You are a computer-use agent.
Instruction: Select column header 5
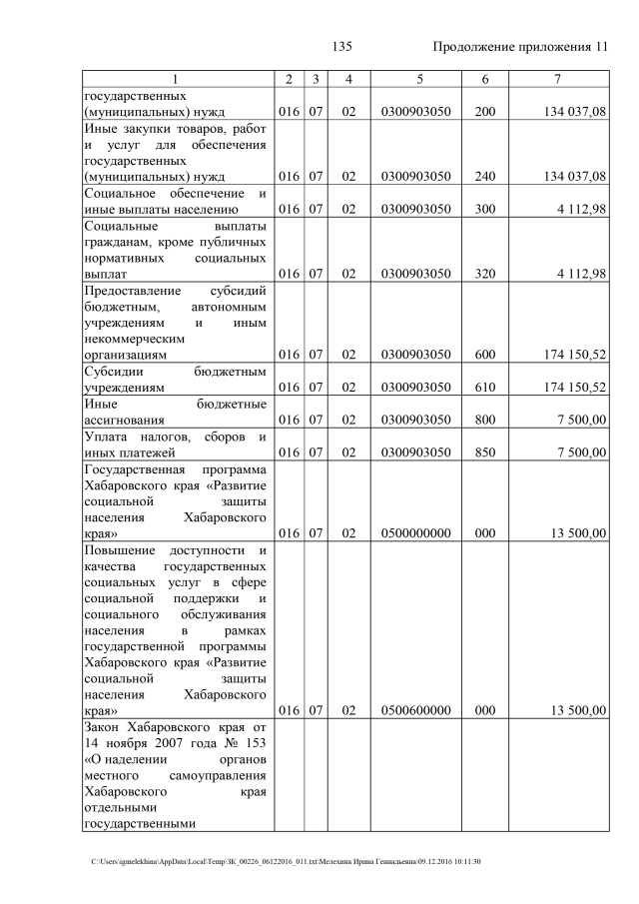[415, 79]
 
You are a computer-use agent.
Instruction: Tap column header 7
[561, 79]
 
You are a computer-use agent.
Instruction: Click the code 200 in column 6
[485, 112]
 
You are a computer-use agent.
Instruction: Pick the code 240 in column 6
[485, 177]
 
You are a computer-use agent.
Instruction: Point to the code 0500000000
[415, 533]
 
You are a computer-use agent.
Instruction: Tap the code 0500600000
[415, 710]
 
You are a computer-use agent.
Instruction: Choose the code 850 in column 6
[485, 452]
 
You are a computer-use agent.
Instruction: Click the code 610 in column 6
[485, 388]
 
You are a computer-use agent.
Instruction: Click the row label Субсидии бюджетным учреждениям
[175, 380]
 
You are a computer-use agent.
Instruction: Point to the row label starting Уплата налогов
[175, 445]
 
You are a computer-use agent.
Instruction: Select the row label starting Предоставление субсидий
[175, 322]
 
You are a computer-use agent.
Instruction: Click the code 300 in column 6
[485, 209]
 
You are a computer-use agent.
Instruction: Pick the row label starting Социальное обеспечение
[175, 201]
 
